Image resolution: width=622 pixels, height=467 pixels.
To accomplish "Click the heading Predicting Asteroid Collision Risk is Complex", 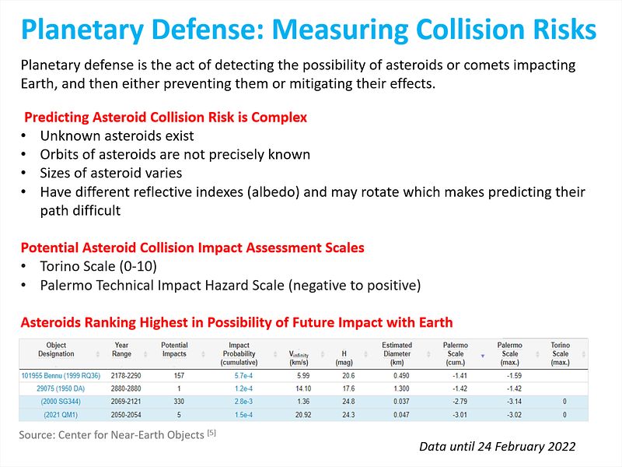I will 166,118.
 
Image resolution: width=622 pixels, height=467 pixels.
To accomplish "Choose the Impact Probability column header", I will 239,353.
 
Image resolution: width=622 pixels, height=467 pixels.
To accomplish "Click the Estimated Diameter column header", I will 397,353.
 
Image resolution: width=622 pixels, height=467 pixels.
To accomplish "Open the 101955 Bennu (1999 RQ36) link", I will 61,374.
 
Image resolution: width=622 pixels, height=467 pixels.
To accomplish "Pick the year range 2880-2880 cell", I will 121,387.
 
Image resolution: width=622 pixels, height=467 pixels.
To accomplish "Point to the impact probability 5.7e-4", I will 239,374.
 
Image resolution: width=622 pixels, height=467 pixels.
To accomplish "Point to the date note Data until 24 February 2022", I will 497,446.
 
